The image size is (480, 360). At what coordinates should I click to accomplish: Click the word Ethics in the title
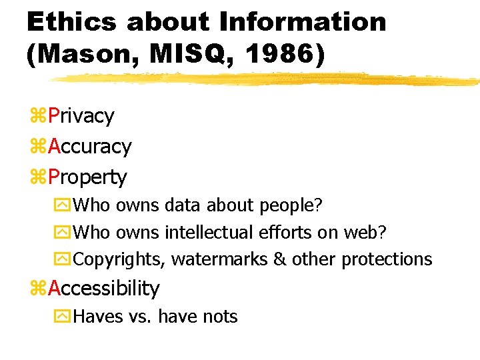click(x=70, y=22)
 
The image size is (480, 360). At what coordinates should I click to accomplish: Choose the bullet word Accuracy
click(x=90, y=147)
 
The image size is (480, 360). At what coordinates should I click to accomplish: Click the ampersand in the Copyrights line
click(x=280, y=259)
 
